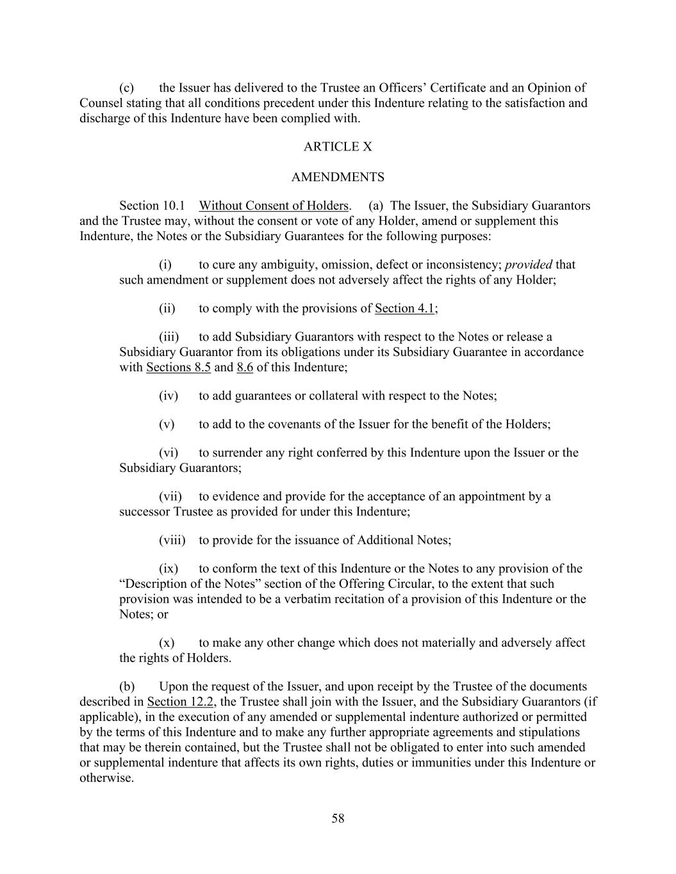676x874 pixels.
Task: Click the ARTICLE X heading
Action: (x=338, y=147)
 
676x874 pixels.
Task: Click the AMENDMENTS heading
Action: (x=338, y=177)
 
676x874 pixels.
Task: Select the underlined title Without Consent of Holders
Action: (x=274, y=206)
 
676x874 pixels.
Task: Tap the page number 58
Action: (x=338, y=818)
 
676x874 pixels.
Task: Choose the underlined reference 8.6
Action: (x=245, y=368)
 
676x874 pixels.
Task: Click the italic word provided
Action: (x=529, y=265)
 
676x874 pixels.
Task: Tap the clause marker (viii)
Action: (x=172, y=540)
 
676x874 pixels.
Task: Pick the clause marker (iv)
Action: (x=168, y=396)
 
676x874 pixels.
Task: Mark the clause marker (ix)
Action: (x=168, y=569)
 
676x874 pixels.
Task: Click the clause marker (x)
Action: (x=166, y=643)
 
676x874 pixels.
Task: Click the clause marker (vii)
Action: (x=170, y=497)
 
